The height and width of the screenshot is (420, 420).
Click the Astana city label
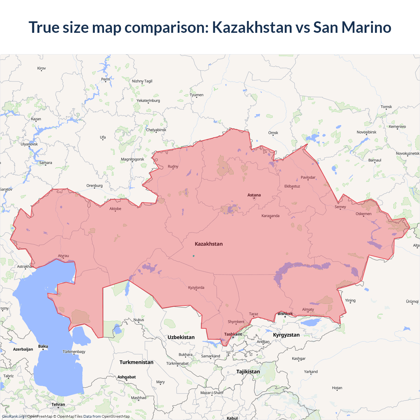254,195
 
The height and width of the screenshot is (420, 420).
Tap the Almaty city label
308,309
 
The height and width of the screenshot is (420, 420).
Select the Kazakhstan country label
209,244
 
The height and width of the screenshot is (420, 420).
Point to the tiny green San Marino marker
194,256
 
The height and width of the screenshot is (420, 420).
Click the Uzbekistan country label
181,337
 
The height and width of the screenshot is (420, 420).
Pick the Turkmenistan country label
136,362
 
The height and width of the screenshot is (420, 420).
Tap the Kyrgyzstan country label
286,335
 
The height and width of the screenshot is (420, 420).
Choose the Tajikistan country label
248,371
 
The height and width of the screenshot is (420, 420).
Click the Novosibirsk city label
367,132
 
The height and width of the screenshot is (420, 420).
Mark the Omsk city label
273,133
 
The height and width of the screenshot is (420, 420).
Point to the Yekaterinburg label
148,101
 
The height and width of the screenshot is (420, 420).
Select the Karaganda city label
270,216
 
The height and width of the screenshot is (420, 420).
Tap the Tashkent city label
233,334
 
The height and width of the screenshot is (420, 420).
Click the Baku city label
43,346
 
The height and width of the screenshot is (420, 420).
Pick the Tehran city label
58,404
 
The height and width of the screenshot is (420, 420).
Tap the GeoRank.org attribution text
13,416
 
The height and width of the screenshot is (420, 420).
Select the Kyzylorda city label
196,287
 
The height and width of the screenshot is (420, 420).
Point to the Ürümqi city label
412,302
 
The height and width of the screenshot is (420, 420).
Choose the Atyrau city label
63,256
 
